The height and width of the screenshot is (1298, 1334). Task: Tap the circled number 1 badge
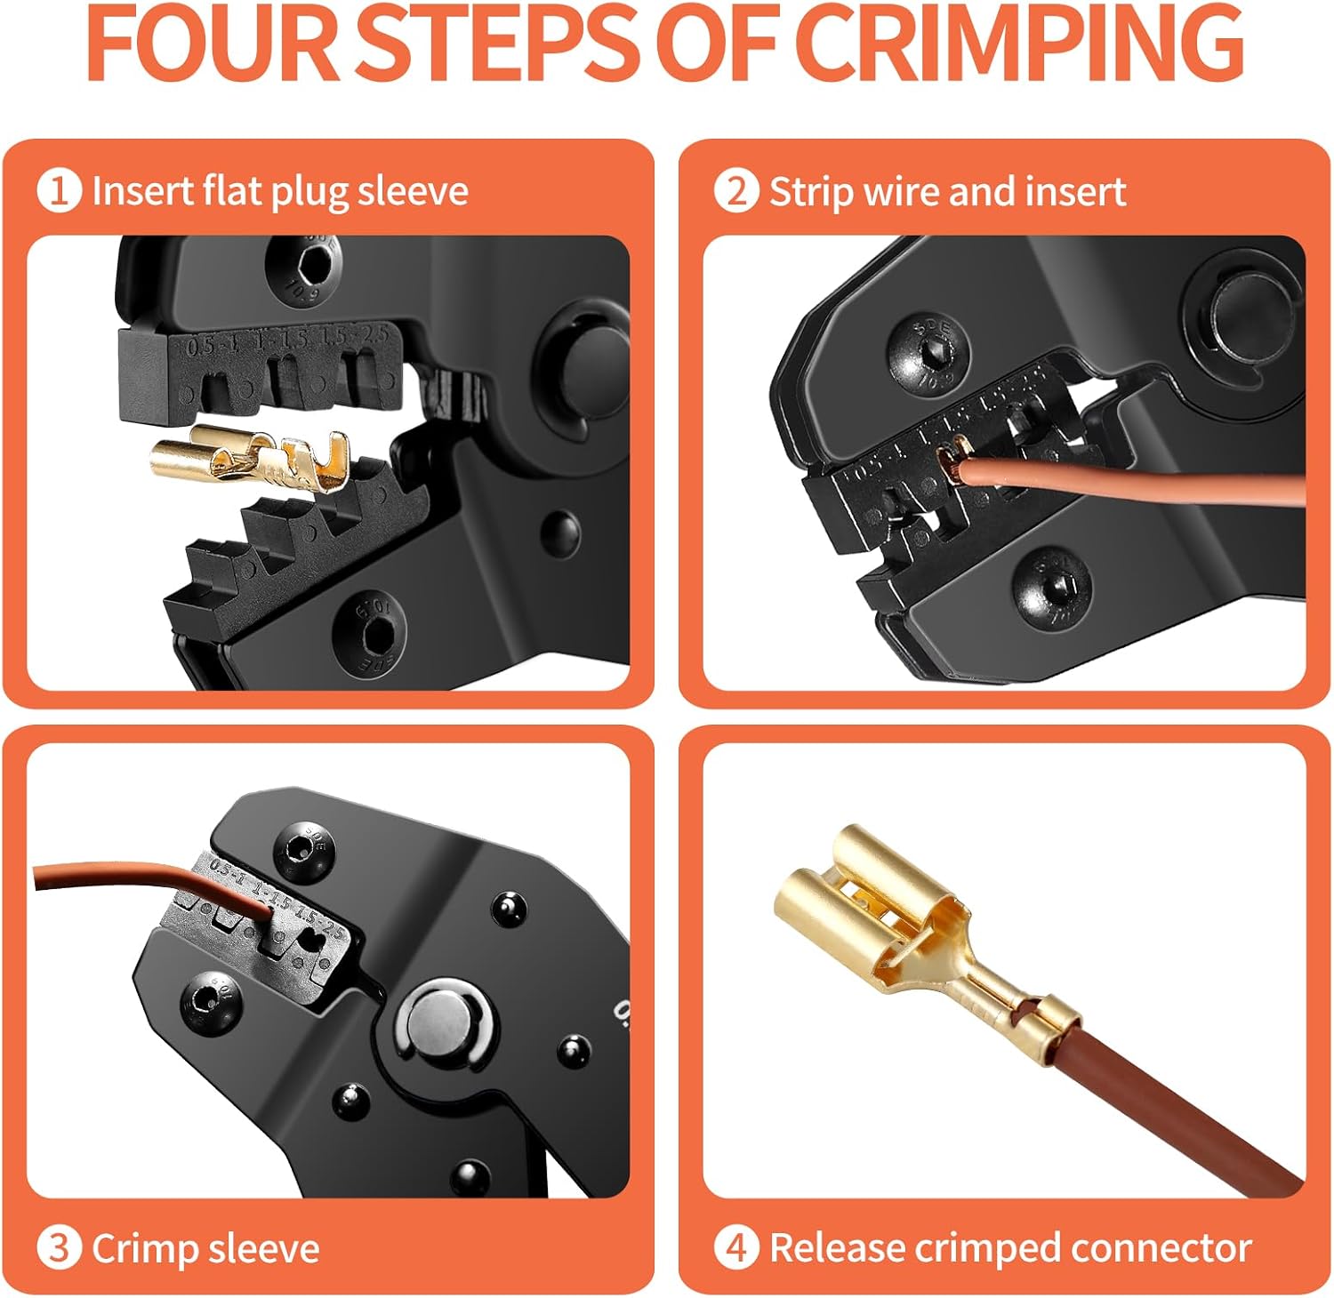pyautogui.click(x=59, y=191)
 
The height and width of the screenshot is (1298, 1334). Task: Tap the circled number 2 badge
pyautogui.click(x=736, y=191)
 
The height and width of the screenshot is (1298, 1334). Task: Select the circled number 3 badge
pyautogui.click(x=59, y=1248)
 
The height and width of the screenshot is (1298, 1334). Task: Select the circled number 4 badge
pyautogui.click(x=736, y=1248)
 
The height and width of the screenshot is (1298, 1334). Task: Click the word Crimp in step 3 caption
pyautogui.click(x=144, y=1249)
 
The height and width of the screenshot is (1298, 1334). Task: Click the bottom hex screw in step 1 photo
pyautogui.click(x=368, y=635)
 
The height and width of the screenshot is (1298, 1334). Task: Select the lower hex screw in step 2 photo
pyautogui.click(x=1051, y=582)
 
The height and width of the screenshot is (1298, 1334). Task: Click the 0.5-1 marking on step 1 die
pyautogui.click(x=212, y=345)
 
